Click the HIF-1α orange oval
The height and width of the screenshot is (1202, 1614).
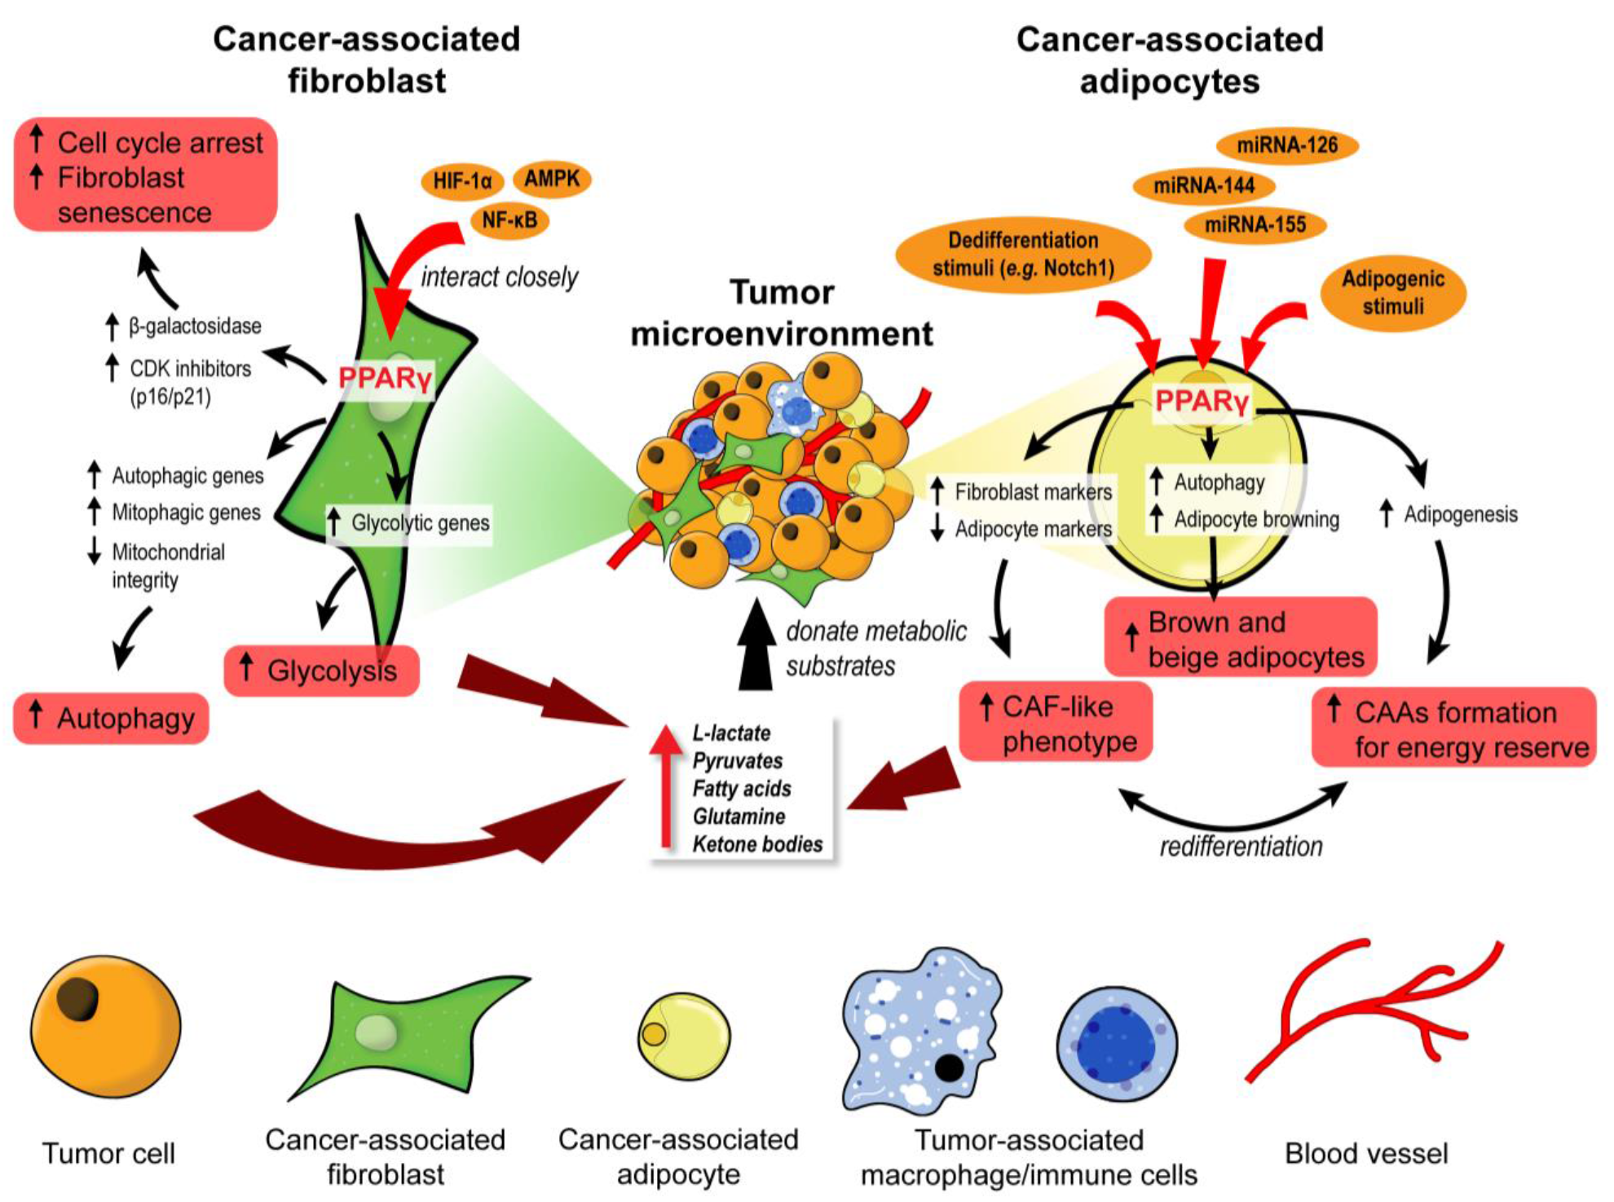(x=461, y=181)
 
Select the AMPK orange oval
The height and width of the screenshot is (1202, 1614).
(x=552, y=178)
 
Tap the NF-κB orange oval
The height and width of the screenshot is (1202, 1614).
(x=509, y=220)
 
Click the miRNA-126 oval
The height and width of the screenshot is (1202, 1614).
(x=1287, y=146)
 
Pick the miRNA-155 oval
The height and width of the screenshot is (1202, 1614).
(x=1255, y=224)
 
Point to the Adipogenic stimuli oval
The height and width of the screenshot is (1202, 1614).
(x=1393, y=293)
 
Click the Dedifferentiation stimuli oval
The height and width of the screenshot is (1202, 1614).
(x=1023, y=254)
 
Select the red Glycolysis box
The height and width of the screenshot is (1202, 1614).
(x=321, y=671)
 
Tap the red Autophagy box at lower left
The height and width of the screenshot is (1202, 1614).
(x=112, y=718)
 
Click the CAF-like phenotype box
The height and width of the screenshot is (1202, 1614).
(x=1056, y=723)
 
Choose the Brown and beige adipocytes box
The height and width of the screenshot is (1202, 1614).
(x=1240, y=638)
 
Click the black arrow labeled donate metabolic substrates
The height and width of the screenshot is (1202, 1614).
(x=756, y=648)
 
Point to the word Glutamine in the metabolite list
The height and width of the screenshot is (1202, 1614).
(x=739, y=816)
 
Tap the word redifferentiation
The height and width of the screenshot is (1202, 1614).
(x=1241, y=847)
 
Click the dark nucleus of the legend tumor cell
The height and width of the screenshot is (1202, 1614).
(x=78, y=1000)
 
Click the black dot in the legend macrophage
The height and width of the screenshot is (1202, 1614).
(x=948, y=1067)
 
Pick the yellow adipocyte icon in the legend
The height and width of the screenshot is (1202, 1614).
(x=684, y=1036)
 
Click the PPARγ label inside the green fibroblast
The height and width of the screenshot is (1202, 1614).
(x=384, y=378)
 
